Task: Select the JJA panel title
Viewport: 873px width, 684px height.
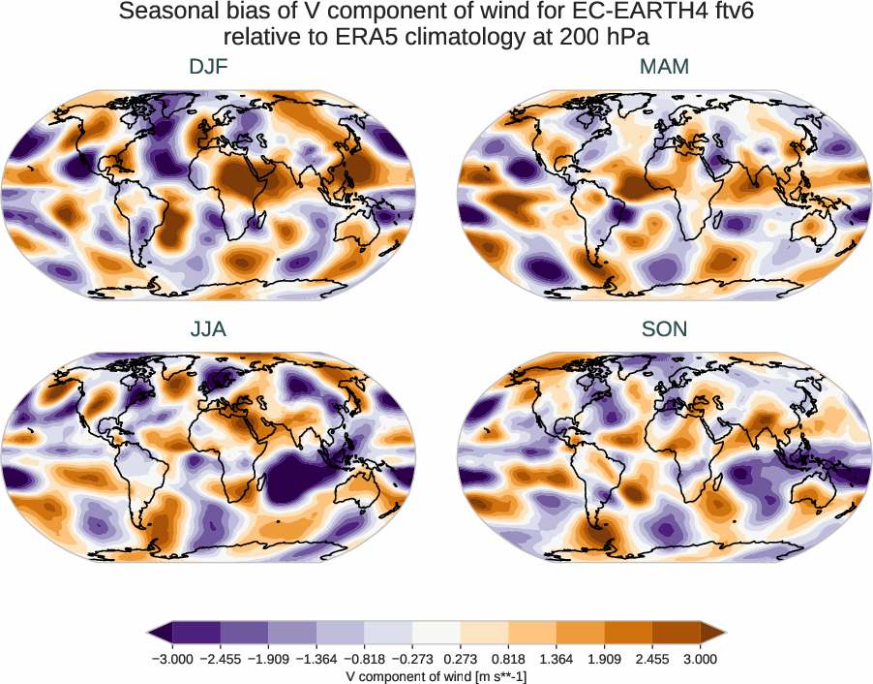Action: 209,329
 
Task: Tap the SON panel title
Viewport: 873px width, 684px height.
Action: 664,329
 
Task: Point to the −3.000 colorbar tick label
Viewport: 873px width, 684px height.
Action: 171,659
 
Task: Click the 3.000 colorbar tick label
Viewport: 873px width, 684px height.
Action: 700,659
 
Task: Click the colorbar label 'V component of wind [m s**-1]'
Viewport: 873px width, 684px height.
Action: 436,676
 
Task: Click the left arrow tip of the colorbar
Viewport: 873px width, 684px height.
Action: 150,634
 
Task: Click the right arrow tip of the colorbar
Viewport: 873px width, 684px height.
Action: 724,634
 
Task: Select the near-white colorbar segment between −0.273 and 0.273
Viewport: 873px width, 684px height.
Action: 436,634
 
